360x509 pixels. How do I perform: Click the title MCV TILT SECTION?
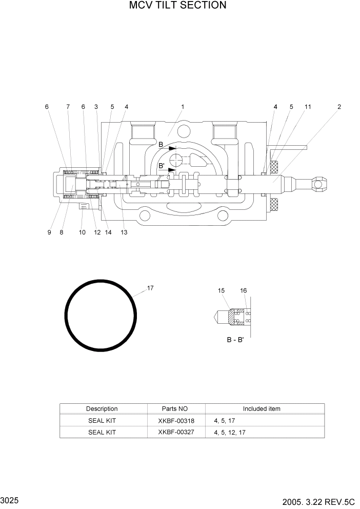click(177, 6)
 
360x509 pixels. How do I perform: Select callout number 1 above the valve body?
click(183, 107)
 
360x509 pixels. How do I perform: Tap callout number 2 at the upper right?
click(339, 107)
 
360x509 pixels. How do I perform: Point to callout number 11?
click(308, 107)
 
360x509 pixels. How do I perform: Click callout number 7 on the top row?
click(68, 107)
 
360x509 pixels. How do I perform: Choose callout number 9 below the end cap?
click(49, 232)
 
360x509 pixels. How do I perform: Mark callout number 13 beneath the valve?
click(124, 232)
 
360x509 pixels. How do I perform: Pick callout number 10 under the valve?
click(82, 232)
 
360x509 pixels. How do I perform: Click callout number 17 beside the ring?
click(150, 288)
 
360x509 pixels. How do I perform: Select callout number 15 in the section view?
click(221, 291)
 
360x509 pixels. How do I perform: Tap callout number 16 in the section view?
click(244, 291)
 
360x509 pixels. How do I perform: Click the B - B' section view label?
click(235, 340)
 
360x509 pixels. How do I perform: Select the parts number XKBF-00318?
click(176, 420)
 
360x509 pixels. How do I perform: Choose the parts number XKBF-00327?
click(176, 432)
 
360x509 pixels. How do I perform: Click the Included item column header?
click(262, 409)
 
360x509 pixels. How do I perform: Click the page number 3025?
click(10, 499)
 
